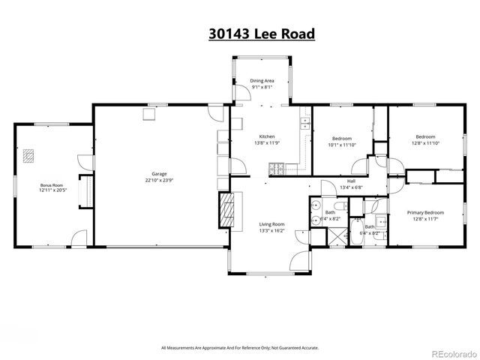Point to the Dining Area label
pos(260,80)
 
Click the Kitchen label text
pos(267,136)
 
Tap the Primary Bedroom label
pos(425,213)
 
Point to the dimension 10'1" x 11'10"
pos(342,145)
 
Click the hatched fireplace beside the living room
pos(227,209)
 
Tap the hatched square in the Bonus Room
pos(29,155)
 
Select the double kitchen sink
pos(305,125)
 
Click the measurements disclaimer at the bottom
pos(239,347)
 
